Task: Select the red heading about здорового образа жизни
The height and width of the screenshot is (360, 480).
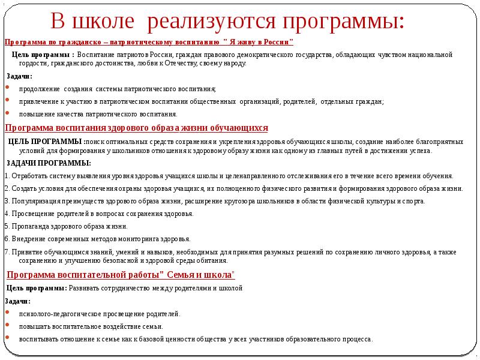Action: tap(136, 128)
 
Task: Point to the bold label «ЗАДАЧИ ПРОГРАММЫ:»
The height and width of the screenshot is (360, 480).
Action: tap(49, 163)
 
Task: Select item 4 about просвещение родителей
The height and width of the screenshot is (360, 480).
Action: tap(98, 214)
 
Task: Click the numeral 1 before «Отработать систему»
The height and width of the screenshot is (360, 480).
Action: tap(6, 176)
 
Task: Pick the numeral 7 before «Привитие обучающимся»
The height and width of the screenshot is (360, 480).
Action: tap(6, 251)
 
